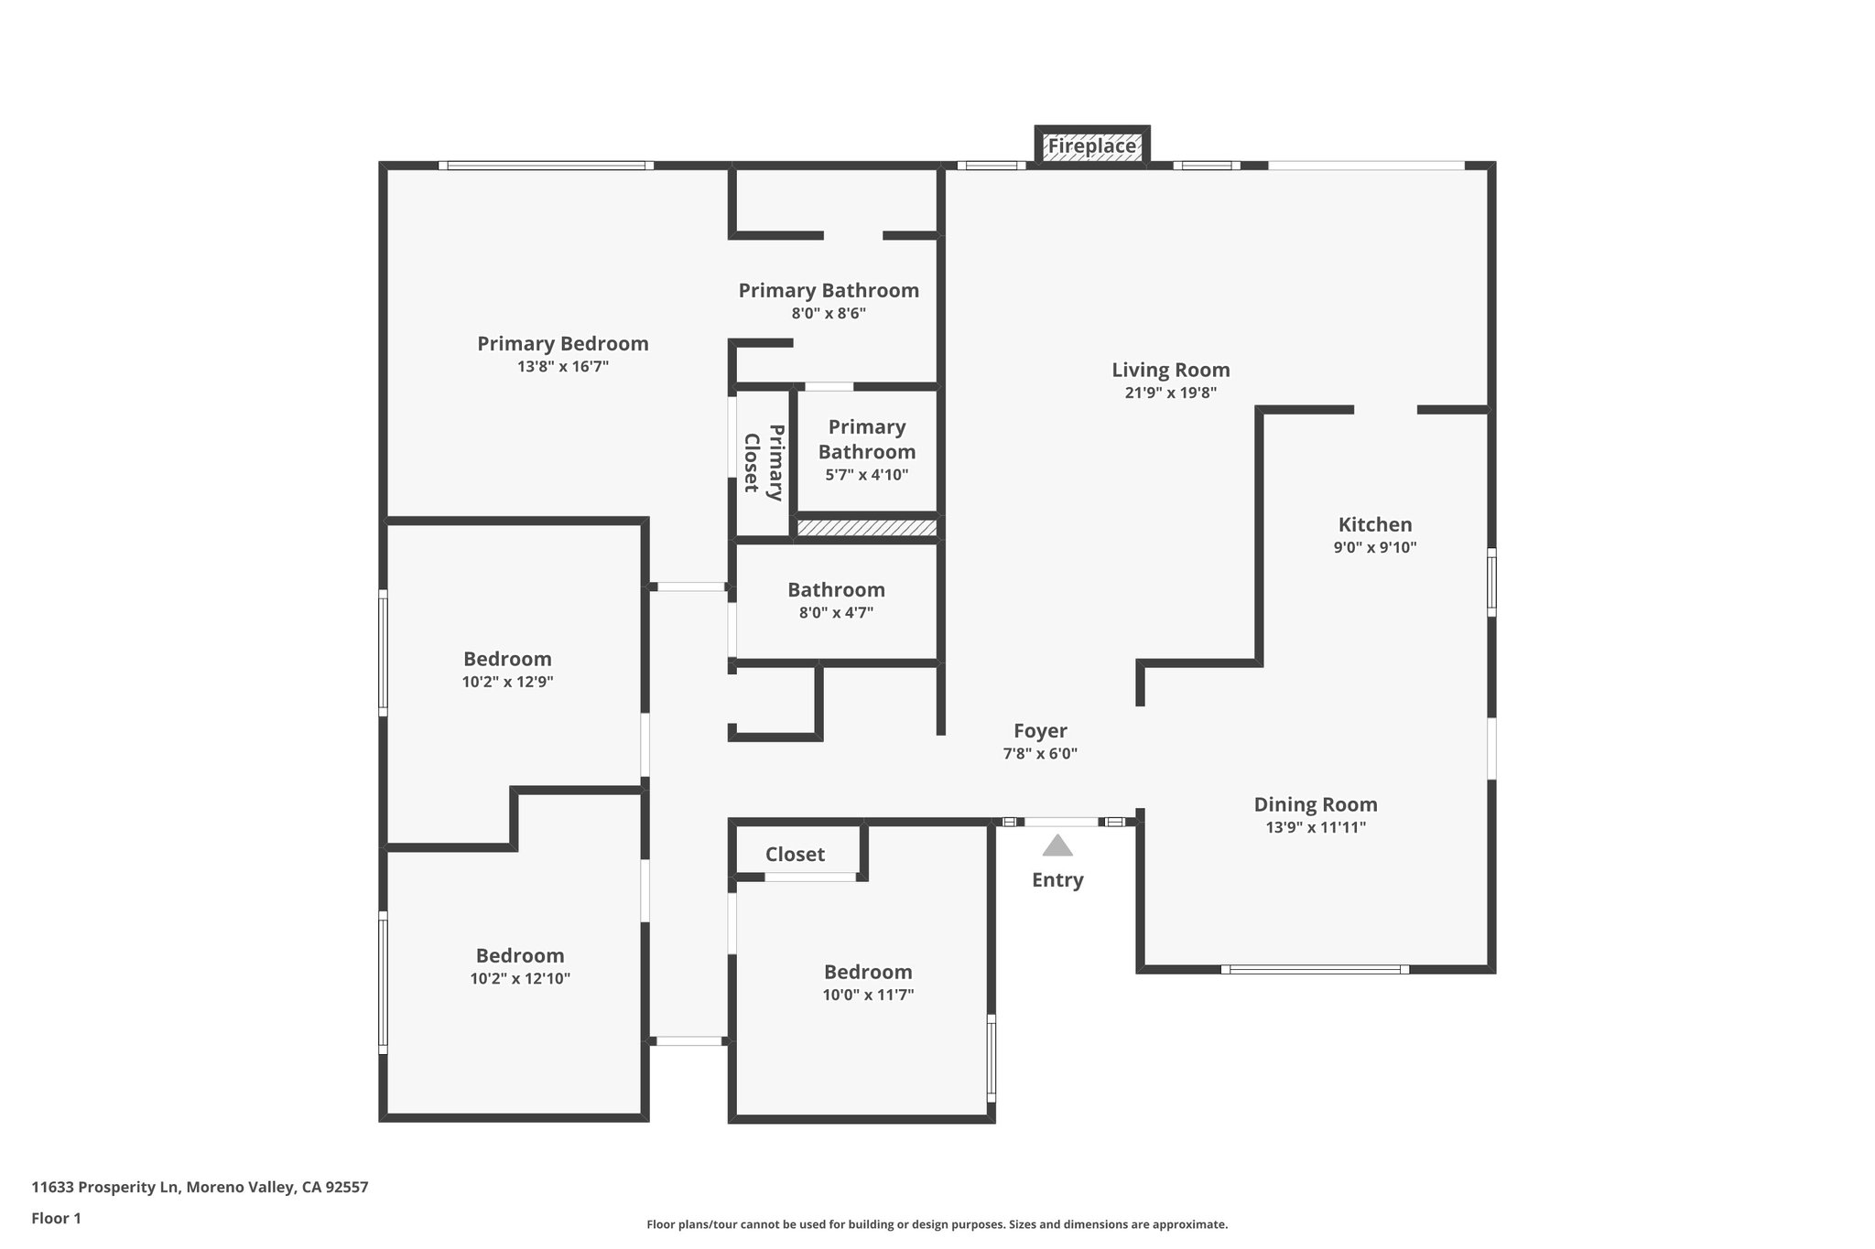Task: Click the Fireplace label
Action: click(x=1091, y=146)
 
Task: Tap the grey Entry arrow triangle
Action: click(x=1057, y=845)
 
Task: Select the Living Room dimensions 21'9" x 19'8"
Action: click(x=1170, y=393)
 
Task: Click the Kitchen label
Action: click(x=1375, y=524)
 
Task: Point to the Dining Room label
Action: click(x=1316, y=804)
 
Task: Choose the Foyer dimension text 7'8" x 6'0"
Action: click(x=1040, y=754)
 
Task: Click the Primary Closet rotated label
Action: click(x=763, y=462)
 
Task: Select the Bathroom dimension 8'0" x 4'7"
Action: click(x=836, y=613)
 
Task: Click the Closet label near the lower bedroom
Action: click(x=795, y=855)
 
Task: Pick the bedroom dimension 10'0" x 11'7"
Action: click(x=868, y=996)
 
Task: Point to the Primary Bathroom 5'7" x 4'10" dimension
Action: click(x=867, y=475)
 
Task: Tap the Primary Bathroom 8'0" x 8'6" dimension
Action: click(x=829, y=314)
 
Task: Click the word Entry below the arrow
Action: click(x=1057, y=880)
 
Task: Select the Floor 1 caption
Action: click(x=56, y=1218)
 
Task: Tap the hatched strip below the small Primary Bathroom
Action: click(x=866, y=528)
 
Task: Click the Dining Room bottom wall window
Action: click(x=1315, y=969)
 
